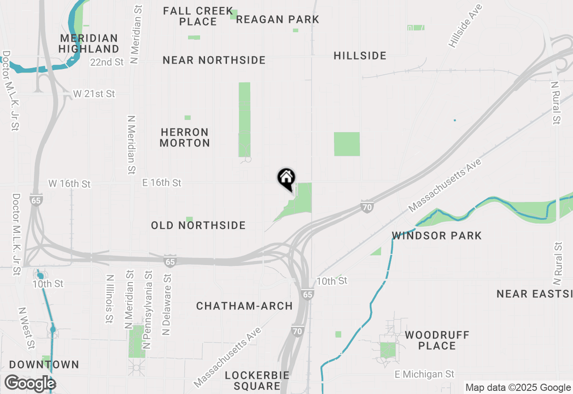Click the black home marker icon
coord(286,179)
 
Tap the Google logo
coord(30,384)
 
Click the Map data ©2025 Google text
coord(518,388)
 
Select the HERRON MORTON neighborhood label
coord(185,137)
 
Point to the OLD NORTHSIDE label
coord(198,225)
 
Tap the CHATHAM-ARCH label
coord(244,306)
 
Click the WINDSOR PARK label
coord(436,236)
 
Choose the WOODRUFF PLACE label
coord(437,340)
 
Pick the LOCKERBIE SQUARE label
coord(257,380)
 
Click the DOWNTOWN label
coord(44,364)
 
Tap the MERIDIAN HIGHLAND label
coord(89,43)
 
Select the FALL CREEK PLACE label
coord(198,16)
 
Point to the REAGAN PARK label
coord(278,19)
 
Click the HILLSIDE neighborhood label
coord(360,56)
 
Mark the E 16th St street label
coord(162,183)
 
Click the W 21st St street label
coord(94,94)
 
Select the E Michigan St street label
coord(424,374)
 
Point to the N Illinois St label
coord(109,299)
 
